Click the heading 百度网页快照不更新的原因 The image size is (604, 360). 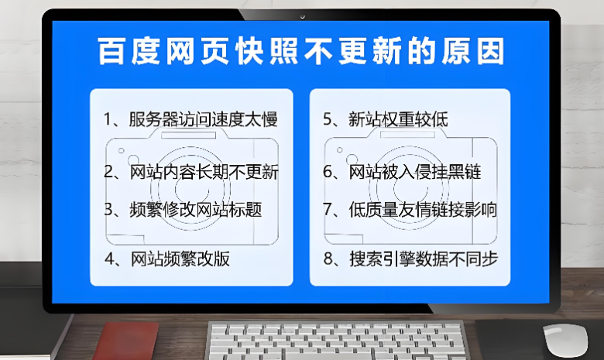pos(302,52)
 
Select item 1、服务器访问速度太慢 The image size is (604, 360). pos(190,119)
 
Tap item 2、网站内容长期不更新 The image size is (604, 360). pos(190,172)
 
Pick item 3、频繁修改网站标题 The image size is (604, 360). pos(183,209)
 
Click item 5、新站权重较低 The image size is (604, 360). pos(385,119)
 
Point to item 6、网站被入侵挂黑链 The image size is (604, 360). pos(402,172)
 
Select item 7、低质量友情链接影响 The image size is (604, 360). pos(410,209)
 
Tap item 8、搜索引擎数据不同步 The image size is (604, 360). pos(410,259)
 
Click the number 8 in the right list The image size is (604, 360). pos(328,259)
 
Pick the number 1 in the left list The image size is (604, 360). pos(108,119)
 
